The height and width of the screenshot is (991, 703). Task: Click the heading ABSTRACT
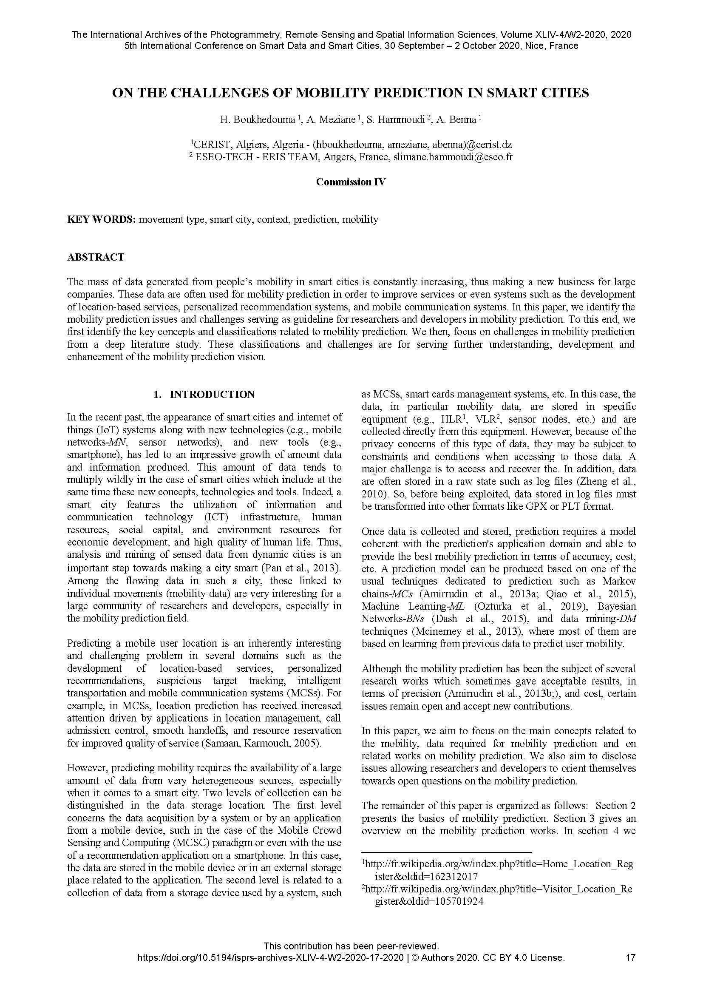(96, 257)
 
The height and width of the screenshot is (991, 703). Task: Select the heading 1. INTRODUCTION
(204, 395)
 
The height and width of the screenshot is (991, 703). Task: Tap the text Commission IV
(351, 182)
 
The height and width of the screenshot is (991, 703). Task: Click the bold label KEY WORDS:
(101, 219)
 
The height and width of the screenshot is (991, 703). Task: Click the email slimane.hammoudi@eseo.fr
(453, 157)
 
